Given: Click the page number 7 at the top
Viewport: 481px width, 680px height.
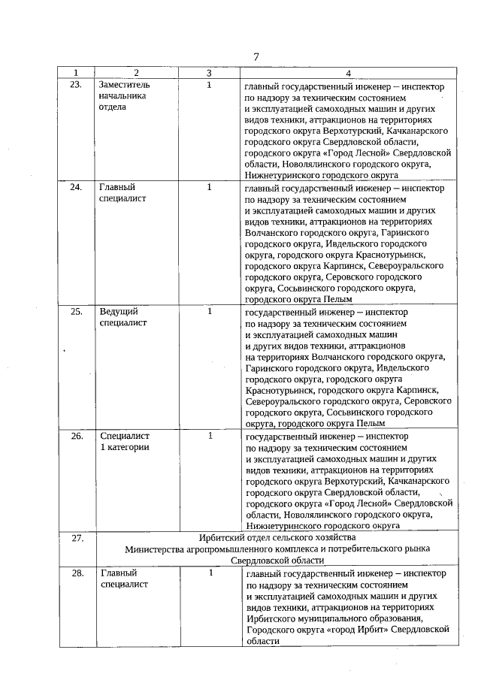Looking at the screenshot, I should click(256, 57).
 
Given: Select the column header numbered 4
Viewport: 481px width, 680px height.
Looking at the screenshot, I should click(348, 73).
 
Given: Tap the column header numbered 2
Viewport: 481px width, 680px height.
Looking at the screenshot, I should click(136, 73).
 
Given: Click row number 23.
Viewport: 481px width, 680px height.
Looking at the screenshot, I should click(76, 85).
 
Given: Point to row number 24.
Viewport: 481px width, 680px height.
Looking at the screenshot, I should click(76, 187).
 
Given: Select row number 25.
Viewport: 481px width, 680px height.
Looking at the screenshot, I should click(76, 310).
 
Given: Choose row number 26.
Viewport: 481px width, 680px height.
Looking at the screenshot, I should click(76, 435).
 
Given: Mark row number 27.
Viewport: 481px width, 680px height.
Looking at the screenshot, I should click(77, 538).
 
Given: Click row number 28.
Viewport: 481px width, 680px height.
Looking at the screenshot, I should click(77, 573).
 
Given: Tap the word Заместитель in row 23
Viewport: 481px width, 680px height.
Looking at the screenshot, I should click(125, 85).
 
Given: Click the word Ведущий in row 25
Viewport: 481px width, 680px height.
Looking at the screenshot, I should click(119, 310).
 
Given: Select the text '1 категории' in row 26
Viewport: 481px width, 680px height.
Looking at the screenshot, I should click(126, 447).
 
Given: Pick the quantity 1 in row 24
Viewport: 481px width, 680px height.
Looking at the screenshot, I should click(210, 187).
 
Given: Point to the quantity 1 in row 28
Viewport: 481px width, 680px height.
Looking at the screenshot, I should click(211, 573).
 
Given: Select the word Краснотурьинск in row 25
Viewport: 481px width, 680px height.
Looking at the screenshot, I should click(280, 390).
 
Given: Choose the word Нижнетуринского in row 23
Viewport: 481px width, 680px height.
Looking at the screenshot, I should click(281, 175).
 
